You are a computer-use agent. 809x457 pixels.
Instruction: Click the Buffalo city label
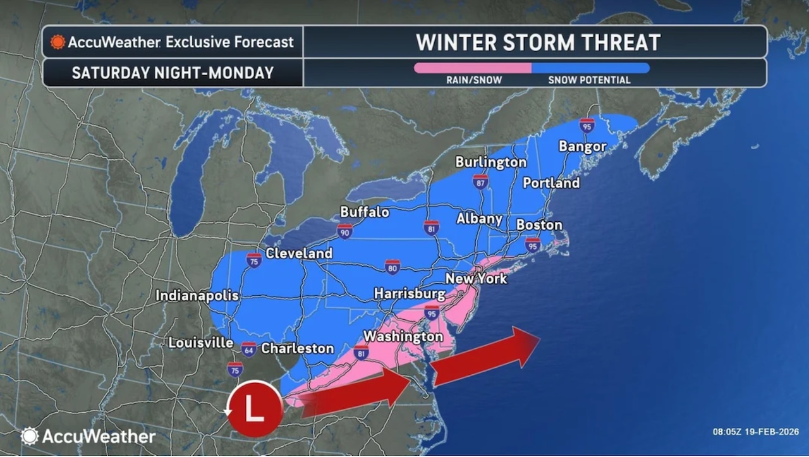(365, 212)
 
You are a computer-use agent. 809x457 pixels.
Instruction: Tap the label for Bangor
(582, 147)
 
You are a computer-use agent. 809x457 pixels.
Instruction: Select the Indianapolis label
(197, 296)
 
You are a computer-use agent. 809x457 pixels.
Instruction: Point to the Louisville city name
(201, 343)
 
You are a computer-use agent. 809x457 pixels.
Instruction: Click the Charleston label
(297, 348)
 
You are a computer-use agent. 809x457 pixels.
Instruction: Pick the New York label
(476, 278)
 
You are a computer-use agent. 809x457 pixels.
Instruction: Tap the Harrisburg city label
(410, 294)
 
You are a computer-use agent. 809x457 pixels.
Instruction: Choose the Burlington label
(490, 162)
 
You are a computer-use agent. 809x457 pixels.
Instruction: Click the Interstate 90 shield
(344, 231)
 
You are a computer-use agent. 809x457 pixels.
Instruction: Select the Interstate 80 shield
(392, 267)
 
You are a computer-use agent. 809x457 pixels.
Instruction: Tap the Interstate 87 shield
(480, 182)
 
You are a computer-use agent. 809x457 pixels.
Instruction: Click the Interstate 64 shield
(248, 349)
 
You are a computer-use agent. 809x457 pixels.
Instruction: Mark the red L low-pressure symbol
(255, 409)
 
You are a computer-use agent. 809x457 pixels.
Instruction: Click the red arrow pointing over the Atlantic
(487, 356)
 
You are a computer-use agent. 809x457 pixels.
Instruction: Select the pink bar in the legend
(472, 68)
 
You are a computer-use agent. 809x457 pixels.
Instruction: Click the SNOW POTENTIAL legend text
(589, 80)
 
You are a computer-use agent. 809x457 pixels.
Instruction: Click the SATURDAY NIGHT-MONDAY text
(173, 73)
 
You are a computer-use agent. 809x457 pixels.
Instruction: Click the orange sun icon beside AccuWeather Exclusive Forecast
(58, 42)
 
